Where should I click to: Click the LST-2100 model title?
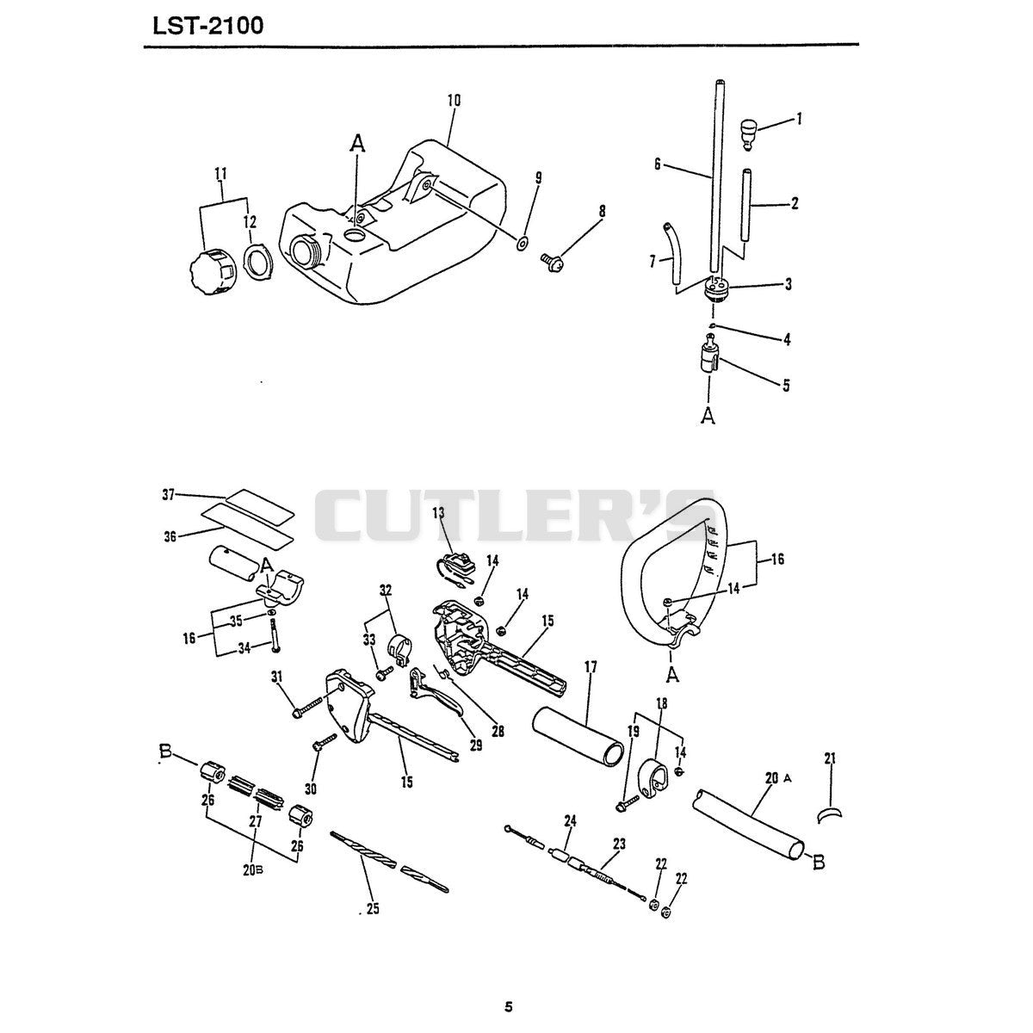tap(208, 25)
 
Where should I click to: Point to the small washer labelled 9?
tap(522, 244)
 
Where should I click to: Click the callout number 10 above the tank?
tap(454, 100)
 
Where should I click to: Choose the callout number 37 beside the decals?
tap(169, 495)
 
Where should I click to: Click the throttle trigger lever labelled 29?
tap(436, 696)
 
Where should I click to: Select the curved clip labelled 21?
tap(829, 816)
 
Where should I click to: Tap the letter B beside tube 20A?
tap(819, 863)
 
